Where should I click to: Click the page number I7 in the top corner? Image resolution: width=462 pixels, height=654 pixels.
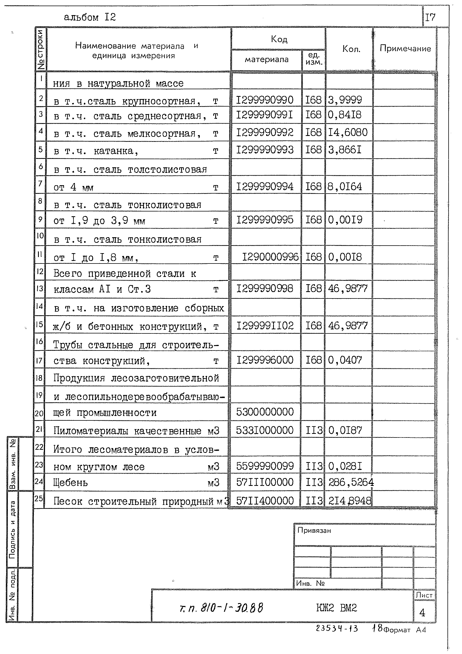point(430,17)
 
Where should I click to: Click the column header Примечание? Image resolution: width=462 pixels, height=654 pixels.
point(405,48)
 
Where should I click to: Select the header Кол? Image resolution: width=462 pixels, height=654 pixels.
point(351,49)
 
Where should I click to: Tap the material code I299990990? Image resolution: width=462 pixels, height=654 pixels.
point(264,100)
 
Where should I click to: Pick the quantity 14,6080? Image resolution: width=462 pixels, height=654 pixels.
point(348,133)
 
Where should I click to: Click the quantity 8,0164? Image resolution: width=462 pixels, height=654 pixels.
point(345,187)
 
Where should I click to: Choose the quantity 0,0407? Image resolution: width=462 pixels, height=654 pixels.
point(345,360)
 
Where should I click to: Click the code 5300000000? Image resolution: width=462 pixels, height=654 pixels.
point(265,412)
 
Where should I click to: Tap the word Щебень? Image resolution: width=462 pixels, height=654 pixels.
point(71,483)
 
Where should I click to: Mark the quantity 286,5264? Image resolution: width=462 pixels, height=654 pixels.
point(351,482)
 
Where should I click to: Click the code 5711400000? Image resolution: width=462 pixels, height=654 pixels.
point(265,500)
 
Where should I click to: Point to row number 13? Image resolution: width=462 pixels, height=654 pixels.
point(40,289)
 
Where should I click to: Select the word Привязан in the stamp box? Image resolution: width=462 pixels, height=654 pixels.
point(314,530)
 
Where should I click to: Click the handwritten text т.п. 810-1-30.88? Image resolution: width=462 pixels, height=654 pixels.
point(221,608)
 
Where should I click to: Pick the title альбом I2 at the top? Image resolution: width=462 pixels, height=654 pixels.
point(90,17)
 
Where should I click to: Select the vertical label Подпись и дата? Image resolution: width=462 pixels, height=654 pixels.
point(12,530)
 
